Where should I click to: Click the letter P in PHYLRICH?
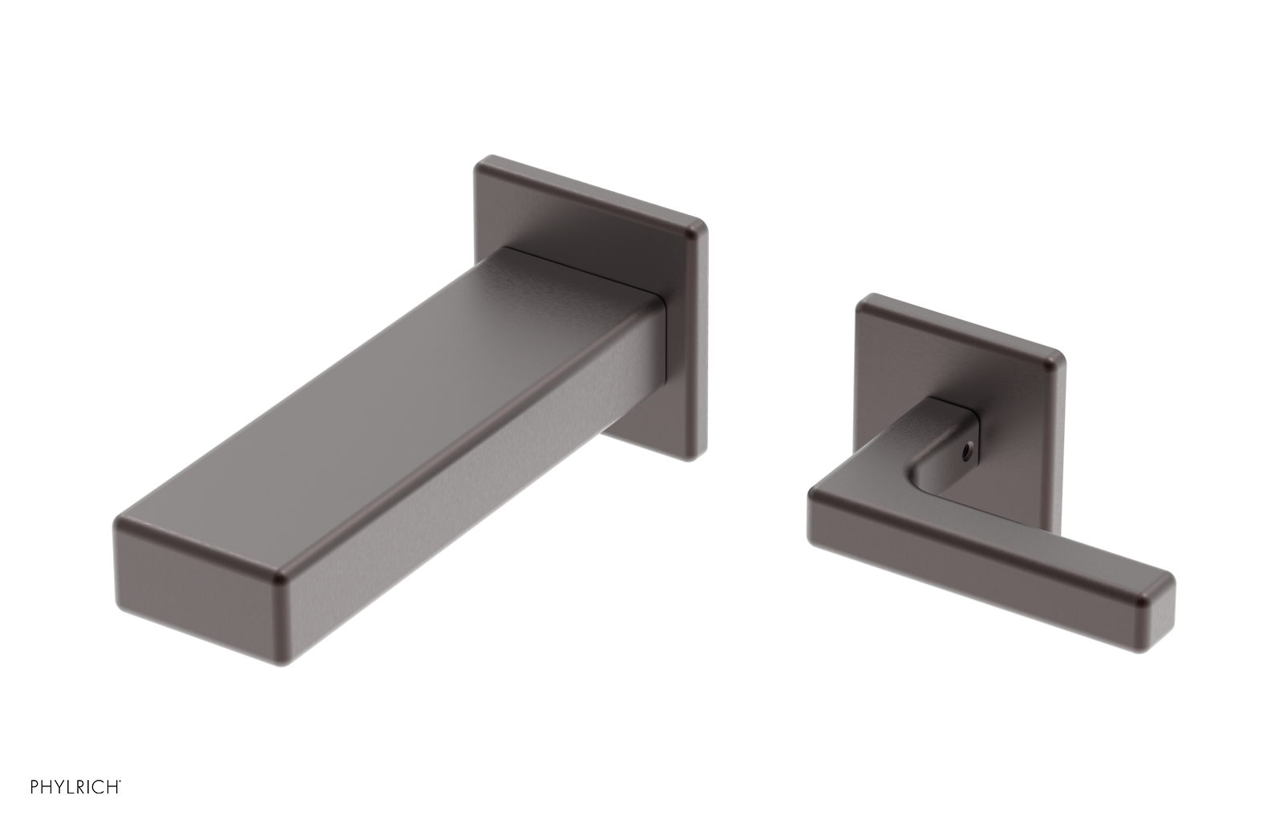35,786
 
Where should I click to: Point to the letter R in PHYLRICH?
83,786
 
